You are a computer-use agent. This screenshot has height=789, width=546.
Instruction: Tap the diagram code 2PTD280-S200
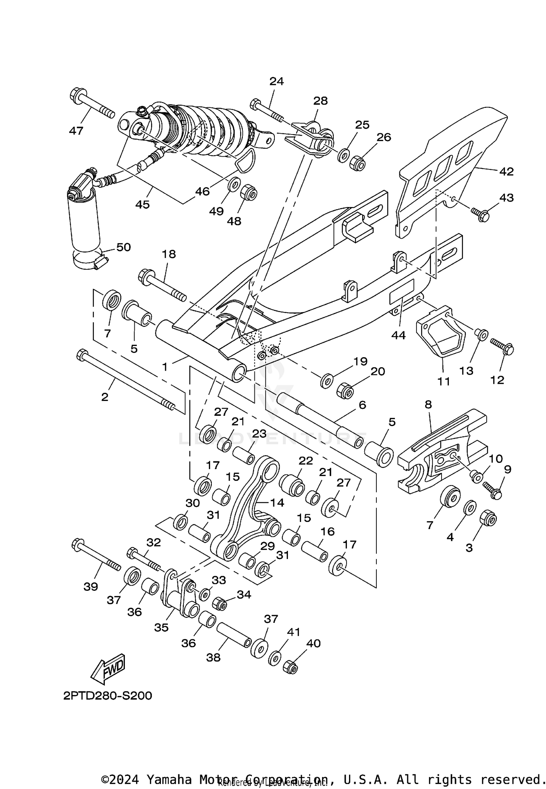(x=107, y=696)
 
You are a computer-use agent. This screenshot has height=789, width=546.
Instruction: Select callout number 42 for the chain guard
(x=506, y=171)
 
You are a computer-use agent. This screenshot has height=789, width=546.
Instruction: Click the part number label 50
(x=123, y=247)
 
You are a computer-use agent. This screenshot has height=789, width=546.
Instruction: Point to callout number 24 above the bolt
(x=277, y=81)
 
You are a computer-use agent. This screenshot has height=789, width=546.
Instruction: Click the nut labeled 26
(x=357, y=163)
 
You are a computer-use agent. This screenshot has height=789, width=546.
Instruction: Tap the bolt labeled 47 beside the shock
(x=91, y=103)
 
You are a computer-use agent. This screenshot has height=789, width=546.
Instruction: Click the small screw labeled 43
(x=480, y=214)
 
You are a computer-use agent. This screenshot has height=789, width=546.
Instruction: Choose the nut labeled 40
(x=290, y=667)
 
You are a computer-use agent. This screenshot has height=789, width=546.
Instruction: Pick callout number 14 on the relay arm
(x=277, y=503)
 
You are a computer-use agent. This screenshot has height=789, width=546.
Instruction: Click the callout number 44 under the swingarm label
(x=398, y=335)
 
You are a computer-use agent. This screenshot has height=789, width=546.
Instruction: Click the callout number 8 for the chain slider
(x=428, y=404)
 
